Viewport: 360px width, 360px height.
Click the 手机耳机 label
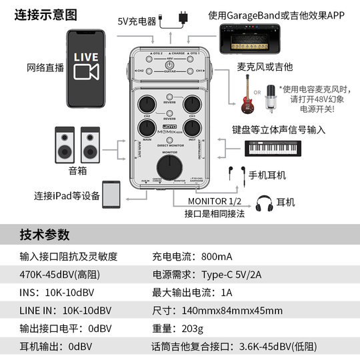267,175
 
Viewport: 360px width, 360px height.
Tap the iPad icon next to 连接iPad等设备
111,195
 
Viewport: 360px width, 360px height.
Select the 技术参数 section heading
44,235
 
